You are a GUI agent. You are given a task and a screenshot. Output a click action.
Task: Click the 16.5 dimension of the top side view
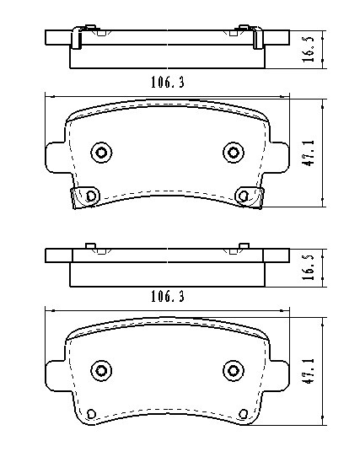309,48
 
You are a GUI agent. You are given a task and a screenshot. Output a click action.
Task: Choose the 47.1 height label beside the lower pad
309,372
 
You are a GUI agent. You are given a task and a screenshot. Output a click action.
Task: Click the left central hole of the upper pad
102,153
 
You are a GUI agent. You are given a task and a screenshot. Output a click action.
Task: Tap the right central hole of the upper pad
232,152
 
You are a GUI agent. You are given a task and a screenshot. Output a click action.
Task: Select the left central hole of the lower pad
102,370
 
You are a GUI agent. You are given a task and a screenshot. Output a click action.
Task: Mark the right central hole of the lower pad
232,369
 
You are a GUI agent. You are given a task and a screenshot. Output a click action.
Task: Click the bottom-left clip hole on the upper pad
89,196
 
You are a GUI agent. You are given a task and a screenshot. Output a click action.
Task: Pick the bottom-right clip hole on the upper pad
244,196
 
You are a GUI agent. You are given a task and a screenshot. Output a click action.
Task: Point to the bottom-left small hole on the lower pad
89,414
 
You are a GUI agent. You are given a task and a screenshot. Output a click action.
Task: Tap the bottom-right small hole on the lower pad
244,413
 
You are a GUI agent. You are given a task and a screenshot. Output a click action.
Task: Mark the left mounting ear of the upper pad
52,155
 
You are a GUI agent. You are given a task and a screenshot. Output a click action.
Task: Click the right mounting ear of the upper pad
282,155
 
